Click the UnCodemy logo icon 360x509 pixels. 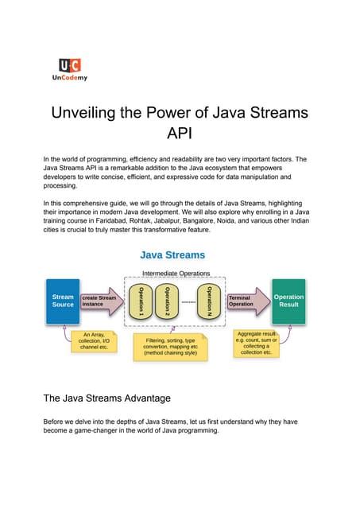point(69,66)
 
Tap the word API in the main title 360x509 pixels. point(180,133)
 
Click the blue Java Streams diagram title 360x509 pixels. point(172,255)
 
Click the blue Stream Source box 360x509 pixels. point(63,301)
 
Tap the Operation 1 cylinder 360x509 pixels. point(141,301)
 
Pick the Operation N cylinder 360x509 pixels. point(209,301)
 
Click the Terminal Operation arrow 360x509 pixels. point(245,301)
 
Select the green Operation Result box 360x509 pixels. point(288,301)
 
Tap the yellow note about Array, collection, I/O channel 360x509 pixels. point(94,341)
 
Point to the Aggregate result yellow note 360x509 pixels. point(256,343)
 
